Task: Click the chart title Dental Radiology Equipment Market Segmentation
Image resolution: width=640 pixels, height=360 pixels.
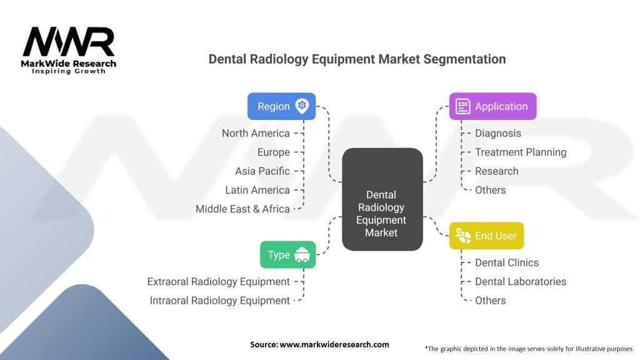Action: pos(357,59)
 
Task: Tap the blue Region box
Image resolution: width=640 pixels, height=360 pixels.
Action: pos(281,106)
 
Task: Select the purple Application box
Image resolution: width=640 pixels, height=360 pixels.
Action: pos(492,106)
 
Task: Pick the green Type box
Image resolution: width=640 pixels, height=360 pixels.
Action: pos(287,254)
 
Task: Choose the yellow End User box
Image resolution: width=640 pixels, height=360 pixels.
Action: pos(486,236)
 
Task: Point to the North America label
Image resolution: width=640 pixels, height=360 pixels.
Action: pos(256,133)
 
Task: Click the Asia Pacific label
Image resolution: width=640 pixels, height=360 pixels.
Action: pos(262,171)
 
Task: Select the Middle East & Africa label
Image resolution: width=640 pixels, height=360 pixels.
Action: pos(242,209)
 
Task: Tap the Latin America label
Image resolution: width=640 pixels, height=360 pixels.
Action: pos(257,190)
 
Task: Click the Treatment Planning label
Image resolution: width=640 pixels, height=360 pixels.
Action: pos(521,152)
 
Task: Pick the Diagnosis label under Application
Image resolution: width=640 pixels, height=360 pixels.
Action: pos(497,133)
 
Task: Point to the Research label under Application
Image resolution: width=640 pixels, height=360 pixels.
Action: pos(496,171)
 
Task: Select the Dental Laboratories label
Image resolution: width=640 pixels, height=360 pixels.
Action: pos(521,281)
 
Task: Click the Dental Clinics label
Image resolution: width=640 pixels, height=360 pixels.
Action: pos(506,262)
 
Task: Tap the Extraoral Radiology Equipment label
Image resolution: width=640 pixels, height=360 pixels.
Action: pos(218,281)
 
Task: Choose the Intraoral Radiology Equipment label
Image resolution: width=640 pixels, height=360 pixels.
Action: pos(219,301)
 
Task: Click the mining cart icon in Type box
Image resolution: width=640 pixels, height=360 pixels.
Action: pos(302,254)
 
